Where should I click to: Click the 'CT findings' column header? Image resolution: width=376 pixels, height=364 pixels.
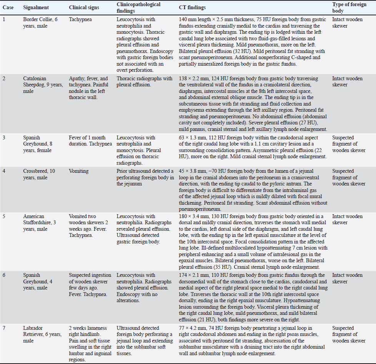click(192, 8)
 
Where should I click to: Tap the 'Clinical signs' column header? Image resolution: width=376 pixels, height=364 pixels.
click(84, 8)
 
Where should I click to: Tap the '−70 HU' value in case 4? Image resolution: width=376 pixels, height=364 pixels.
click(220, 171)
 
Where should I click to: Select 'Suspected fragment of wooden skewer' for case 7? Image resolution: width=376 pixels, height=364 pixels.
click(349, 334)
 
